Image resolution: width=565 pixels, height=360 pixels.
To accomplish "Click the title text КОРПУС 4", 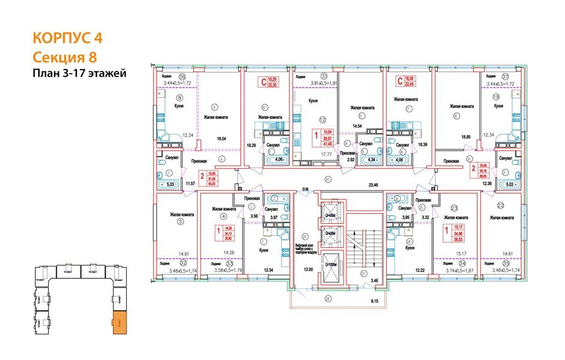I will coord(67,38).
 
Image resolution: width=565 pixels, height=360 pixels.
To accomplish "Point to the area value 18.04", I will coord(221,139).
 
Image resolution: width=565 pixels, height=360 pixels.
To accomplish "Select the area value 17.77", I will coord(327,154).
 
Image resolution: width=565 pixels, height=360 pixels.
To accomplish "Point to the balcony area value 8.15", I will coord(375,300).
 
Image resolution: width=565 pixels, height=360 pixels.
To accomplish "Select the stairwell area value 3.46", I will coord(374,280).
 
